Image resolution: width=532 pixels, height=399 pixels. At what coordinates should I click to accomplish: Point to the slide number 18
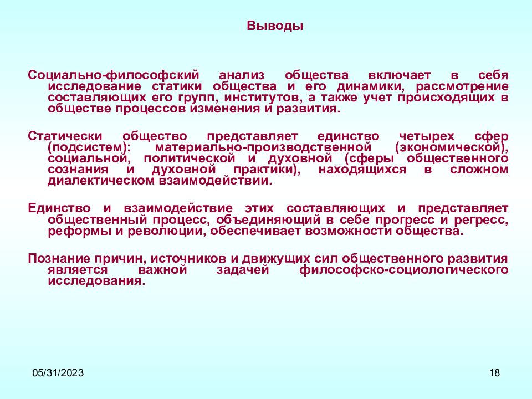click(494, 373)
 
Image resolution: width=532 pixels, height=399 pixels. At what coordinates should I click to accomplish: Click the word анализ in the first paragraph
click(242, 75)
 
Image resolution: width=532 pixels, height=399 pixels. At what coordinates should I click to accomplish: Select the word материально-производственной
click(263, 147)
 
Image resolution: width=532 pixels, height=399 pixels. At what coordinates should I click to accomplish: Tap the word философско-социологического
click(403, 269)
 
